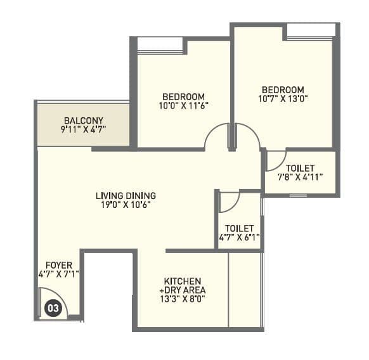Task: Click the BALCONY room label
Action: [82, 120]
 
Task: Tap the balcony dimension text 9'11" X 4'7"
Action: [82, 129]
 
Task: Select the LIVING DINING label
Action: [126, 195]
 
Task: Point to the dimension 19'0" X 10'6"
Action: [126, 204]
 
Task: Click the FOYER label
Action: [58, 265]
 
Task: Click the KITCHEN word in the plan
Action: [183, 281]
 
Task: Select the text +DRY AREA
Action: [183, 290]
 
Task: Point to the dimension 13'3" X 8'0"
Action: [183, 299]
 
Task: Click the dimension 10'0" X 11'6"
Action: [183, 105]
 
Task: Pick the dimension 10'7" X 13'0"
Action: [282, 99]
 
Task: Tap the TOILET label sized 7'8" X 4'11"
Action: [301, 168]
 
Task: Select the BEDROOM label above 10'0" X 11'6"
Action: [183, 96]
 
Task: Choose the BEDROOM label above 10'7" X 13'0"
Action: [282, 90]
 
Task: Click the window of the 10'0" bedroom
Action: [160, 45]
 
